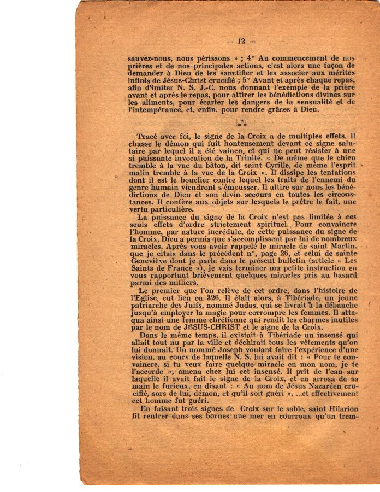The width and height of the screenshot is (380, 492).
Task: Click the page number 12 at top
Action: (x=241, y=40)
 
